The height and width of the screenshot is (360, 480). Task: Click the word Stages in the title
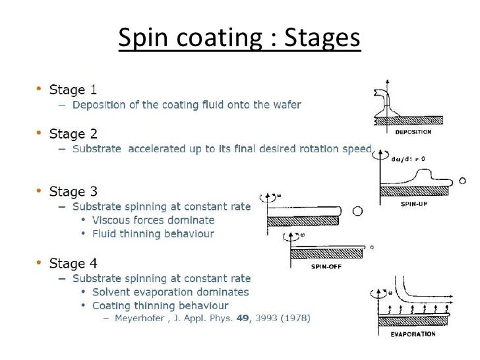pos(323,40)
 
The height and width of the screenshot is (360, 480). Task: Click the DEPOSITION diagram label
pos(413,132)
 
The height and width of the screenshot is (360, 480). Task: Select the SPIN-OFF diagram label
pos(324,267)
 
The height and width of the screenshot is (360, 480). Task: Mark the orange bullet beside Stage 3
pos(39,192)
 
